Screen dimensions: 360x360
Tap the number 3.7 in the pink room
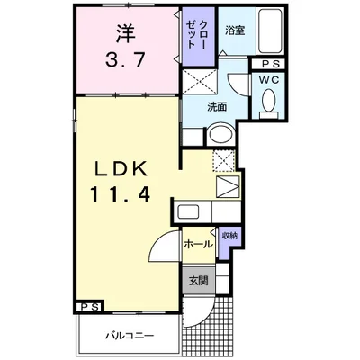pyautogui.click(x=125, y=59)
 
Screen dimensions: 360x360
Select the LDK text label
pyautogui.click(x=121, y=169)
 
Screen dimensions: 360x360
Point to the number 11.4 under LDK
pyautogui.click(x=121, y=193)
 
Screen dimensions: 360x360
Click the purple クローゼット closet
pyautogui.click(x=199, y=36)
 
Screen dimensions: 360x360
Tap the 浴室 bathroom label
pyautogui.click(x=235, y=31)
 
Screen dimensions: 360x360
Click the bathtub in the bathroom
pyautogui.click(x=270, y=31)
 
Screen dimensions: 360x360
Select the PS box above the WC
pyautogui.click(x=267, y=64)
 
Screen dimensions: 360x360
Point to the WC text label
pyautogui.click(x=269, y=80)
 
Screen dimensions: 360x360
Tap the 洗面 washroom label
pyautogui.click(x=217, y=107)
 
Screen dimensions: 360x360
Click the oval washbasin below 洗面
pyautogui.click(x=221, y=134)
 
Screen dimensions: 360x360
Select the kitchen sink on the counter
pyautogui.click(x=188, y=211)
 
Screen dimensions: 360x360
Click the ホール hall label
pyautogui.click(x=198, y=244)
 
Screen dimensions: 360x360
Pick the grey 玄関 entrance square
pyautogui.click(x=199, y=281)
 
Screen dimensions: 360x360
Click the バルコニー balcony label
pyautogui.click(x=130, y=335)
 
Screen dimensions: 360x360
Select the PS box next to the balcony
pyautogui.click(x=90, y=307)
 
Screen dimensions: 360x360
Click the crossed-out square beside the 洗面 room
pyautogui.click(x=200, y=81)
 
